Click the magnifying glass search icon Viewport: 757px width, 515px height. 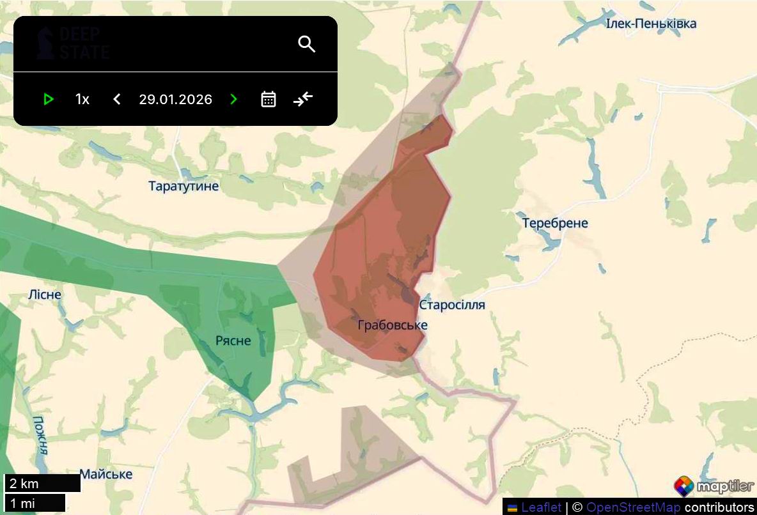tap(307, 44)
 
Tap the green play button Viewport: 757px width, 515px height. tap(49, 99)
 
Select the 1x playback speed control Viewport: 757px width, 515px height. tap(82, 99)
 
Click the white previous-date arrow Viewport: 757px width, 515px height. tap(117, 99)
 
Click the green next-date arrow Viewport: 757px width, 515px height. tap(234, 99)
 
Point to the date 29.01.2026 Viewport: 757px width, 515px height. tap(175, 99)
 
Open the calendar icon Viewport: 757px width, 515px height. tap(269, 99)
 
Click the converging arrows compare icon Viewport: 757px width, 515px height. tap(303, 99)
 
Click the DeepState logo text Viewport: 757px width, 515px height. tap(73, 43)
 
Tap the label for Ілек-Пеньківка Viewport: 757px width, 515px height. tap(651, 24)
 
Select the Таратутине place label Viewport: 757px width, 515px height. tap(183, 186)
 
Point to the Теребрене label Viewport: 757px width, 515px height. tap(555, 223)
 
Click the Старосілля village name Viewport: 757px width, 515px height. tap(452, 305)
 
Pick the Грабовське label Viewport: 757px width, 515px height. tap(393, 325)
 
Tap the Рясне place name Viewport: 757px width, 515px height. tap(233, 341)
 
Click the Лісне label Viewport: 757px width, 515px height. tap(45, 295)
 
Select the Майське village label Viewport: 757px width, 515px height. tap(106, 474)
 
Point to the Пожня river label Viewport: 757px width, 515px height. tap(40, 434)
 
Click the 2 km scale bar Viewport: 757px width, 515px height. tap(42, 483)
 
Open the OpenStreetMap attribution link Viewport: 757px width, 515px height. tap(633, 507)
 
